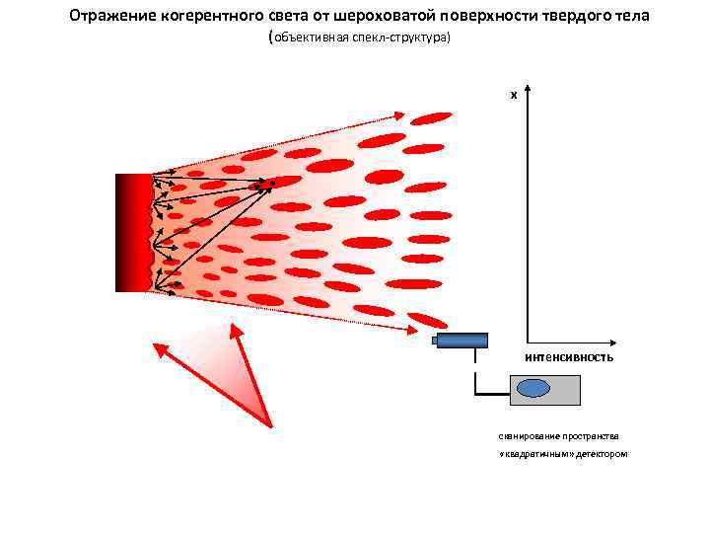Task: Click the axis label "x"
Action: coord(513,95)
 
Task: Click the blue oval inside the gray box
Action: coord(533,388)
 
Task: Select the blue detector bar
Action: coord(462,341)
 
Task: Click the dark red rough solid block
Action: coord(133,233)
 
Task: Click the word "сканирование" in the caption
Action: coord(529,435)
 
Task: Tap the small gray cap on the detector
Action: coord(434,341)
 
